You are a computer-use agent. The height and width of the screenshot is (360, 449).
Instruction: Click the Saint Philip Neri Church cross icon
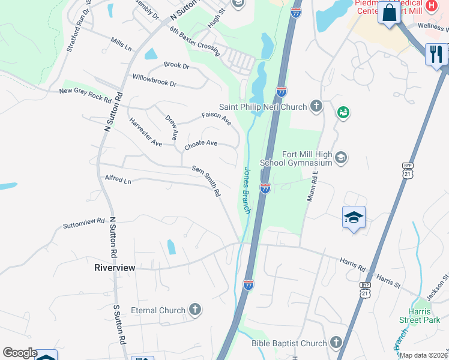[317, 107]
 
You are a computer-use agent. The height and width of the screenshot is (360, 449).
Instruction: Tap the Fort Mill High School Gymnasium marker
[341, 157]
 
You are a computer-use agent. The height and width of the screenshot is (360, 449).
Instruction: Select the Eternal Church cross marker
[194, 310]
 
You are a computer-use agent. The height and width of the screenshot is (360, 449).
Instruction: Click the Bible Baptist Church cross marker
[336, 343]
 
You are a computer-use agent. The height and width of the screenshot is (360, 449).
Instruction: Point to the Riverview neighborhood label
[115, 268]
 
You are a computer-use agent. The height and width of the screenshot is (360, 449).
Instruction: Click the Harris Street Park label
[415, 316]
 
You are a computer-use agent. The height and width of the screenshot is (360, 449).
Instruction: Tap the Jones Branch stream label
[246, 190]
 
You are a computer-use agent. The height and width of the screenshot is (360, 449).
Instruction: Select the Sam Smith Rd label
[206, 182]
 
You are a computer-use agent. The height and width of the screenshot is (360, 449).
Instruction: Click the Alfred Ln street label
[118, 179]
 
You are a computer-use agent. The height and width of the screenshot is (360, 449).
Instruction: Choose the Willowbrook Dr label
[154, 80]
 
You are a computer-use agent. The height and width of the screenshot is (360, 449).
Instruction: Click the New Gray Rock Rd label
[85, 94]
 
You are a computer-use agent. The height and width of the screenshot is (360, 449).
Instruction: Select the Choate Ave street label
[200, 144]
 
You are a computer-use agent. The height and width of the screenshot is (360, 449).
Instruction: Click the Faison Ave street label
[216, 118]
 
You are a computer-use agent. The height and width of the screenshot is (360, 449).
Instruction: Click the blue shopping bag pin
[389, 13]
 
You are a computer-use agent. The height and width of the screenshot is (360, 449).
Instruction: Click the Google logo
[19, 353]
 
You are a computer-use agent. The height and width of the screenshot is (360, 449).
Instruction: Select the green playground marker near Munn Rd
[343, 112]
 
